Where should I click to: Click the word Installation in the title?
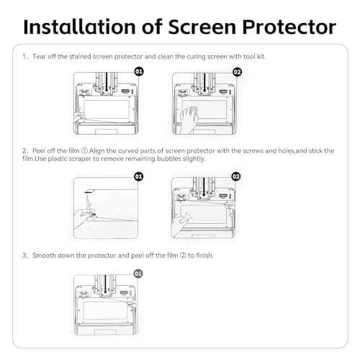(80, 27)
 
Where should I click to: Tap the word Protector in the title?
(289, 27)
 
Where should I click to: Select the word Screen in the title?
(202, 27)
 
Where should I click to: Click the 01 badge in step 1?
(139, 71)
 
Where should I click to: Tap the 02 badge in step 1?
(237, 72)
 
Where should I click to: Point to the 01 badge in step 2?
(139, 176)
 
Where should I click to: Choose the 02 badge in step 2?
(236, 176)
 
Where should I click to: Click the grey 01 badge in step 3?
(138, 274)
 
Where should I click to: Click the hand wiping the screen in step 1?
(189, 120)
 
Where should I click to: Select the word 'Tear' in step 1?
(39, 57)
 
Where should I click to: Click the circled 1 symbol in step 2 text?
(84, 151)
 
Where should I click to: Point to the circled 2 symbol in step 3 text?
(183, 256)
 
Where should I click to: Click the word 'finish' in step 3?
(204, 256)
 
